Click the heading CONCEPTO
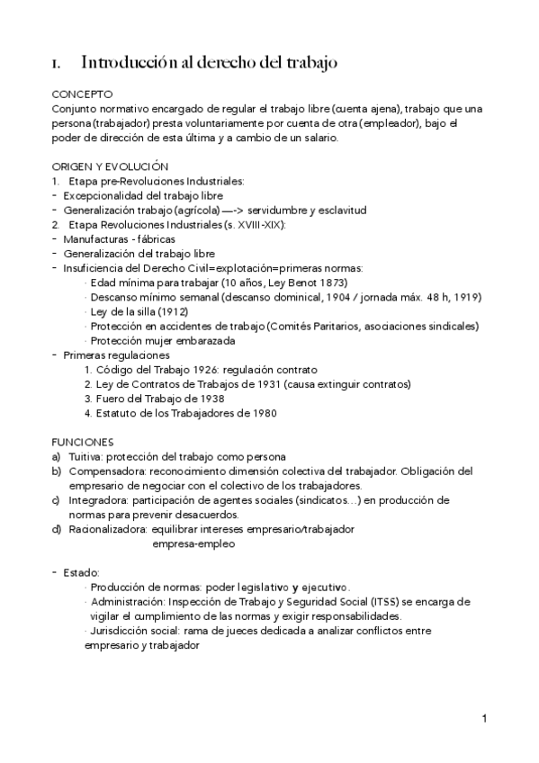(83, 94)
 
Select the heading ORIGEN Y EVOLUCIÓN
(110, 166)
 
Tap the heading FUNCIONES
(83, 442)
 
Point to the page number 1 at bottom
(484, 718)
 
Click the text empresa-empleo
(194, 543)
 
